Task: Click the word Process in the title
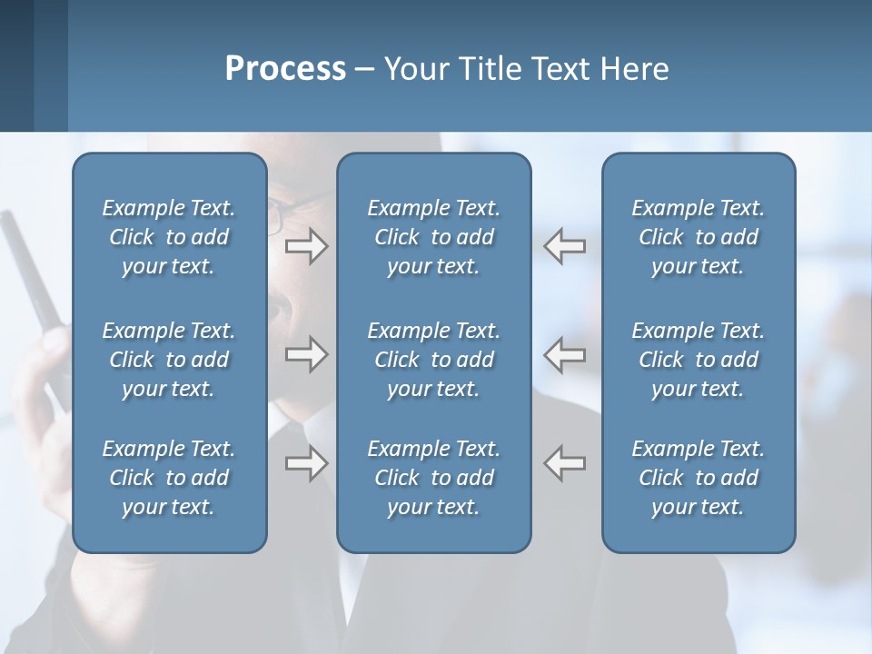(x=285, y=69)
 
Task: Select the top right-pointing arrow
(x=306, y=246)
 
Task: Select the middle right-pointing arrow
(x=306, y=354)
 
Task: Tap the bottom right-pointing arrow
(x=306, y=463)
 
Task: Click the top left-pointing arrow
(x=565, y=246)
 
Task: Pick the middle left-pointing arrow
(x=565, y=354)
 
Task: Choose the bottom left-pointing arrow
(x=565, y=463)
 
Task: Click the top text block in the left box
(x=169, y=237)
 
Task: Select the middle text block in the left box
(x=169, y=360)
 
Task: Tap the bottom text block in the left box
(x=169, y=478)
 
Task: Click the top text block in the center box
(x=433, y=237)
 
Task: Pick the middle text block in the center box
(x=433, y=360)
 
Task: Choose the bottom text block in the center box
(x=433, y=478)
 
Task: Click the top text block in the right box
(x=698, y=237)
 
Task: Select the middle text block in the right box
(x=698, y=360)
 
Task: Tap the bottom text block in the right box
(x=698, y=478)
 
